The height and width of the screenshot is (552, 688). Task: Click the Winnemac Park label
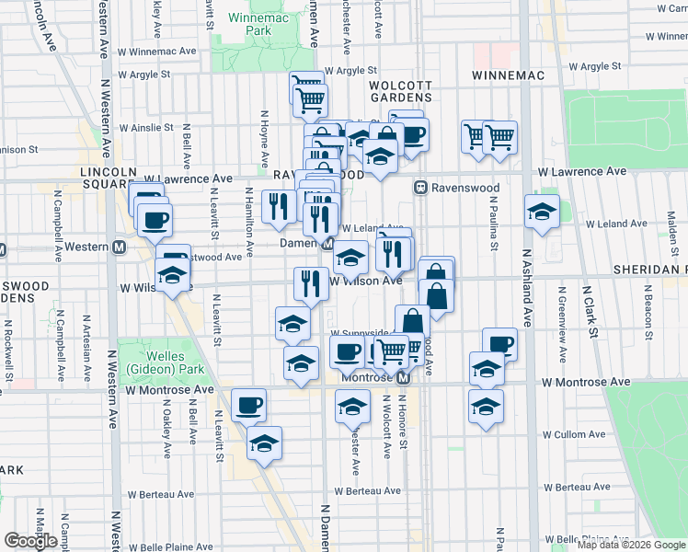coord(247,23)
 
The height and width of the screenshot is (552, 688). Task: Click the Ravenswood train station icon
coord(421,187)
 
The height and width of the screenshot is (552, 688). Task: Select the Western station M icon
coord(119,247)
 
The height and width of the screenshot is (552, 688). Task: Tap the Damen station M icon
coord(328,243)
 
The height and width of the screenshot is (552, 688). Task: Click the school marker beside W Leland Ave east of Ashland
coord(543,211)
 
